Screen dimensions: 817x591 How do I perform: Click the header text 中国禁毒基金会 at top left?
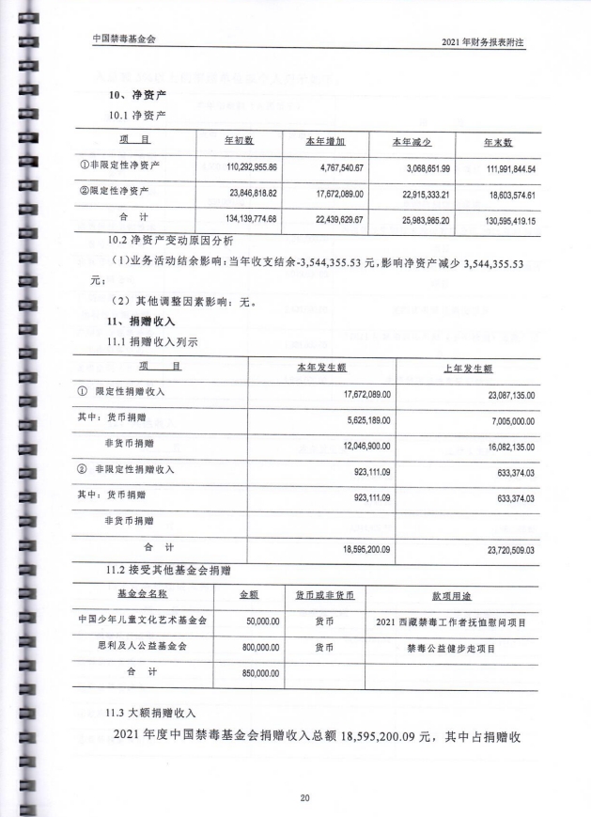click(x=124, y=39)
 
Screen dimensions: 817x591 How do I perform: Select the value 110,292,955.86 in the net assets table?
click(x=239, y=167)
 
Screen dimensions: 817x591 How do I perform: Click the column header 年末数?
click(x=497, y=142)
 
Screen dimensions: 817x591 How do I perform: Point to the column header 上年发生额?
click(x=469, y=369)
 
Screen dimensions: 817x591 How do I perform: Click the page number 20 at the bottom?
click(x=304, y=798)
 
